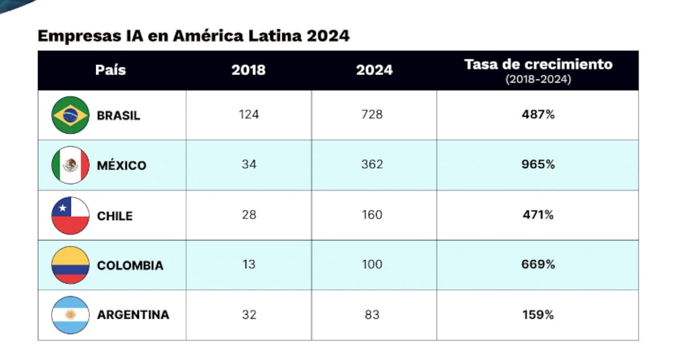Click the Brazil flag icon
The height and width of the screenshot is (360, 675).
point(70,115)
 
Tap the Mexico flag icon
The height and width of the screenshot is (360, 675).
point(70,165)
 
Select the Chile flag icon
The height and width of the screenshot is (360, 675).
point(70,215)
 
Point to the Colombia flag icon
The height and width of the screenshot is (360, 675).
point(70,265)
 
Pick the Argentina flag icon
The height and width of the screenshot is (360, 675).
point(70,315)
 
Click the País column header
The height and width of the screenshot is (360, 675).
point(111,70)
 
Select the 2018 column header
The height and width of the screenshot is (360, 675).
point(248,70)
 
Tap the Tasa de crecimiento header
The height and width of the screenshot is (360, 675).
point(538,65)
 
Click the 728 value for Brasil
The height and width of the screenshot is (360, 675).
point(372,115)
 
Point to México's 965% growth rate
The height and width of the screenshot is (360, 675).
point(538,165)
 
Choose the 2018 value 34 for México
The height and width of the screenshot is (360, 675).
point(248,165)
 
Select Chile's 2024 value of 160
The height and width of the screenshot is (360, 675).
point(372,215)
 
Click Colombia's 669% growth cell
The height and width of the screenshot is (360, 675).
point(538,265)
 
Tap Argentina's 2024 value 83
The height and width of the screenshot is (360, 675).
point(372,315)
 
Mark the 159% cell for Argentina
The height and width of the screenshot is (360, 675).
point(538,315)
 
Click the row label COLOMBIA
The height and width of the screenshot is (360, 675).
point(130,265)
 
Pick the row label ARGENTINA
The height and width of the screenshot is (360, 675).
point(133,315)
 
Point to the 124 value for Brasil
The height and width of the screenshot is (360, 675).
point(248,115)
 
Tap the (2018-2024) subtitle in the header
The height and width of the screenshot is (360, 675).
point(538,80)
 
